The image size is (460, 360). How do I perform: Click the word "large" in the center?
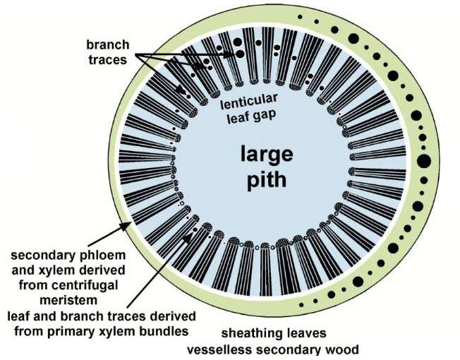click(x=262, y=154)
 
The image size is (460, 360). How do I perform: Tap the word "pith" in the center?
click(x=262, y=180)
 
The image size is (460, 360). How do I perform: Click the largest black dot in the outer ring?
click(x=423, y=162)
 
